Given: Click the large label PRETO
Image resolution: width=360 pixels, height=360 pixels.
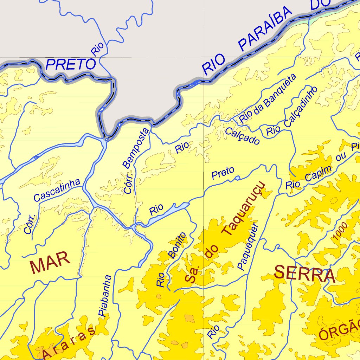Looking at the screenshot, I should tap(71, 64).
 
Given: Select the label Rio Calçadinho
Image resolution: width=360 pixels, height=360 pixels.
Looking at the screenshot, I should tap(292, 111).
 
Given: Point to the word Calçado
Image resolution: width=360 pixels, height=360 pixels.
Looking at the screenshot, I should tap(242, 136).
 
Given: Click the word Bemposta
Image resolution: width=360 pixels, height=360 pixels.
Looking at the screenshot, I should tap(136, 148).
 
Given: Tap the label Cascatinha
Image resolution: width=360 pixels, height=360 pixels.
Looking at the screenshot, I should tap(57, 190).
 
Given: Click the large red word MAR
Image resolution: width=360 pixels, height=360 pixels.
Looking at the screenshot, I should tap(50, 265).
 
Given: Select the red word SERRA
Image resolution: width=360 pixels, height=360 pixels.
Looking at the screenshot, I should tap(304, 274).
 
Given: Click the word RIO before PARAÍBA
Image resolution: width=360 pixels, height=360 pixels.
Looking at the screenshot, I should tap(214, 64).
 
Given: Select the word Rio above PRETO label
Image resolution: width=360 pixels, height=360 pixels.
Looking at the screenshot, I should tap(97, 49).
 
